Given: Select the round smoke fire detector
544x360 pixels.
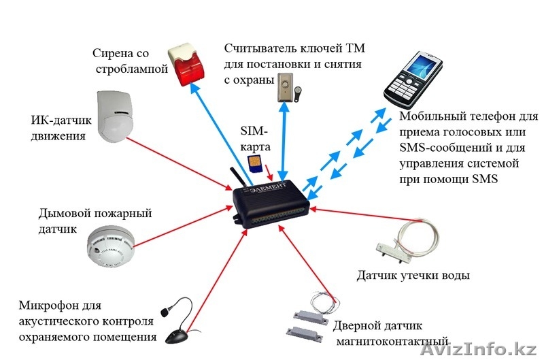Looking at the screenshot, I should (x=111, y=249).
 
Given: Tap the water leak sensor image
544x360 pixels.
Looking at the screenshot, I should (x=402, y=244).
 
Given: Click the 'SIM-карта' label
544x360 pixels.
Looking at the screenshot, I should (x=255, y=138).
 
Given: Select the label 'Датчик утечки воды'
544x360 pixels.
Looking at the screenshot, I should (x=413, y=276).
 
